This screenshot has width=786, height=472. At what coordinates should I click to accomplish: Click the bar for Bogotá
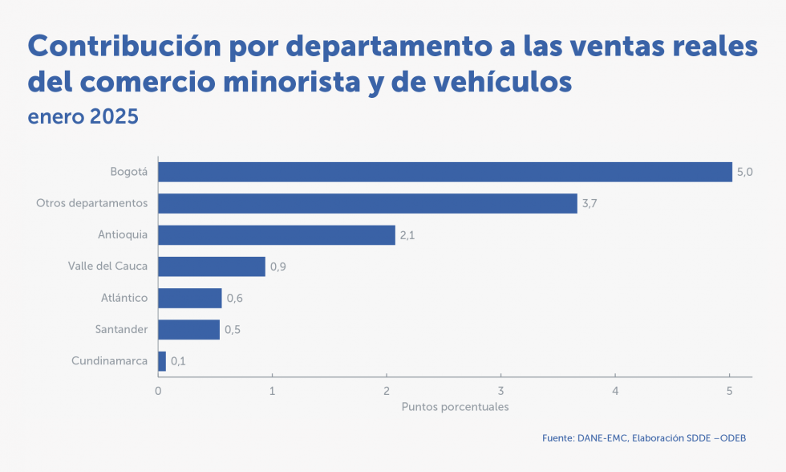click(445, 172)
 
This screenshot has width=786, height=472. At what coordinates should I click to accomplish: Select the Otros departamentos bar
click(367, 203)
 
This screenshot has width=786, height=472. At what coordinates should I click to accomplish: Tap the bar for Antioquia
click(277, 235)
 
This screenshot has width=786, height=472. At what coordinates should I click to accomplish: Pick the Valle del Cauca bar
click(212, 267)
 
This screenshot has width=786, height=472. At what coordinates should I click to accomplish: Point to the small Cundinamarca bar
click(162, 361)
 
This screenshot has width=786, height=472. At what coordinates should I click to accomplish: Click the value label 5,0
click(744, 172)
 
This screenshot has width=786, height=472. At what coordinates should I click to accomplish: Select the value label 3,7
click(589, 203)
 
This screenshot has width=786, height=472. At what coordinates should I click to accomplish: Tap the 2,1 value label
click(407, 235)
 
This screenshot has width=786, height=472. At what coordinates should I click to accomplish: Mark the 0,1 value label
click(178, 361)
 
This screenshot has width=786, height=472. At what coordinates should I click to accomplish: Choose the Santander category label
click(121, 329)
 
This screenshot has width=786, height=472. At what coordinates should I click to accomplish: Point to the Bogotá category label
click(128, 172)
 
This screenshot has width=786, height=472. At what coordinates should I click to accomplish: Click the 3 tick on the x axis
click(500, 391)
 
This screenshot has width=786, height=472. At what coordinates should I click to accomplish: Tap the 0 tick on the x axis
click(158, 391)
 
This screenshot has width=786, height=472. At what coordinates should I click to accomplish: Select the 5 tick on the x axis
click(729, 391)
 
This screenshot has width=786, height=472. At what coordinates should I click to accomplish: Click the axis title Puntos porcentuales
click(455, 407)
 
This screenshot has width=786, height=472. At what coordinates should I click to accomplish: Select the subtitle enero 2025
click(83, 116)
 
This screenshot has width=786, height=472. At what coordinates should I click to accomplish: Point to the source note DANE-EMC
click(601, 438)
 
